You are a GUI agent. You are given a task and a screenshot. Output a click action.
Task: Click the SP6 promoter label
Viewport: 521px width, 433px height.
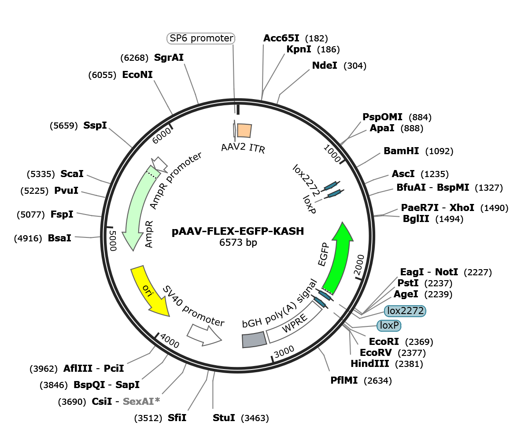(201, 39)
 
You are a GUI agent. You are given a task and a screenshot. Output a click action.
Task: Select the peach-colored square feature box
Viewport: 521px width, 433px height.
(244, 130)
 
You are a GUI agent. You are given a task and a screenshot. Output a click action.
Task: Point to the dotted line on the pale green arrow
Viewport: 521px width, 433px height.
(152, 175)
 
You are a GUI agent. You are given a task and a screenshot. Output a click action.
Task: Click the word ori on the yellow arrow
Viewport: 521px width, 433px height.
(147, 290)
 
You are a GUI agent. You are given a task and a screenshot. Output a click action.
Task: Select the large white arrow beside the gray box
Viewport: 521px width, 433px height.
(203, 335)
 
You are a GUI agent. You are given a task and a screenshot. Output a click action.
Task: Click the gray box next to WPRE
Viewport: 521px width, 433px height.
(254, 340)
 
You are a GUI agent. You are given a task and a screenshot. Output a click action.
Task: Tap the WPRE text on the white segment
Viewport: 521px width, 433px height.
(294, 324)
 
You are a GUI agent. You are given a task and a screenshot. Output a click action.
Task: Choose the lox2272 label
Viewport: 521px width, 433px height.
(405, 311)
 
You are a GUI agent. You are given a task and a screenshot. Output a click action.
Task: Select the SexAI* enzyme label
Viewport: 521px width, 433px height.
(141, 401)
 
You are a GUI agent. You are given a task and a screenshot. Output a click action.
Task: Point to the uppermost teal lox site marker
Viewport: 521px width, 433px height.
(330, 187)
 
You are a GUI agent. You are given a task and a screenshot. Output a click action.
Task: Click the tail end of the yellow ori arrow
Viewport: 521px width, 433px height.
(137, 270)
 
